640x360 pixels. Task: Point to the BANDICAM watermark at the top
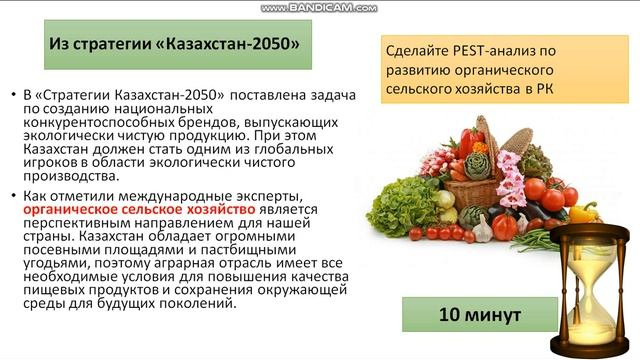point(319,7)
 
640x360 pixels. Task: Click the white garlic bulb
point(481,229)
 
